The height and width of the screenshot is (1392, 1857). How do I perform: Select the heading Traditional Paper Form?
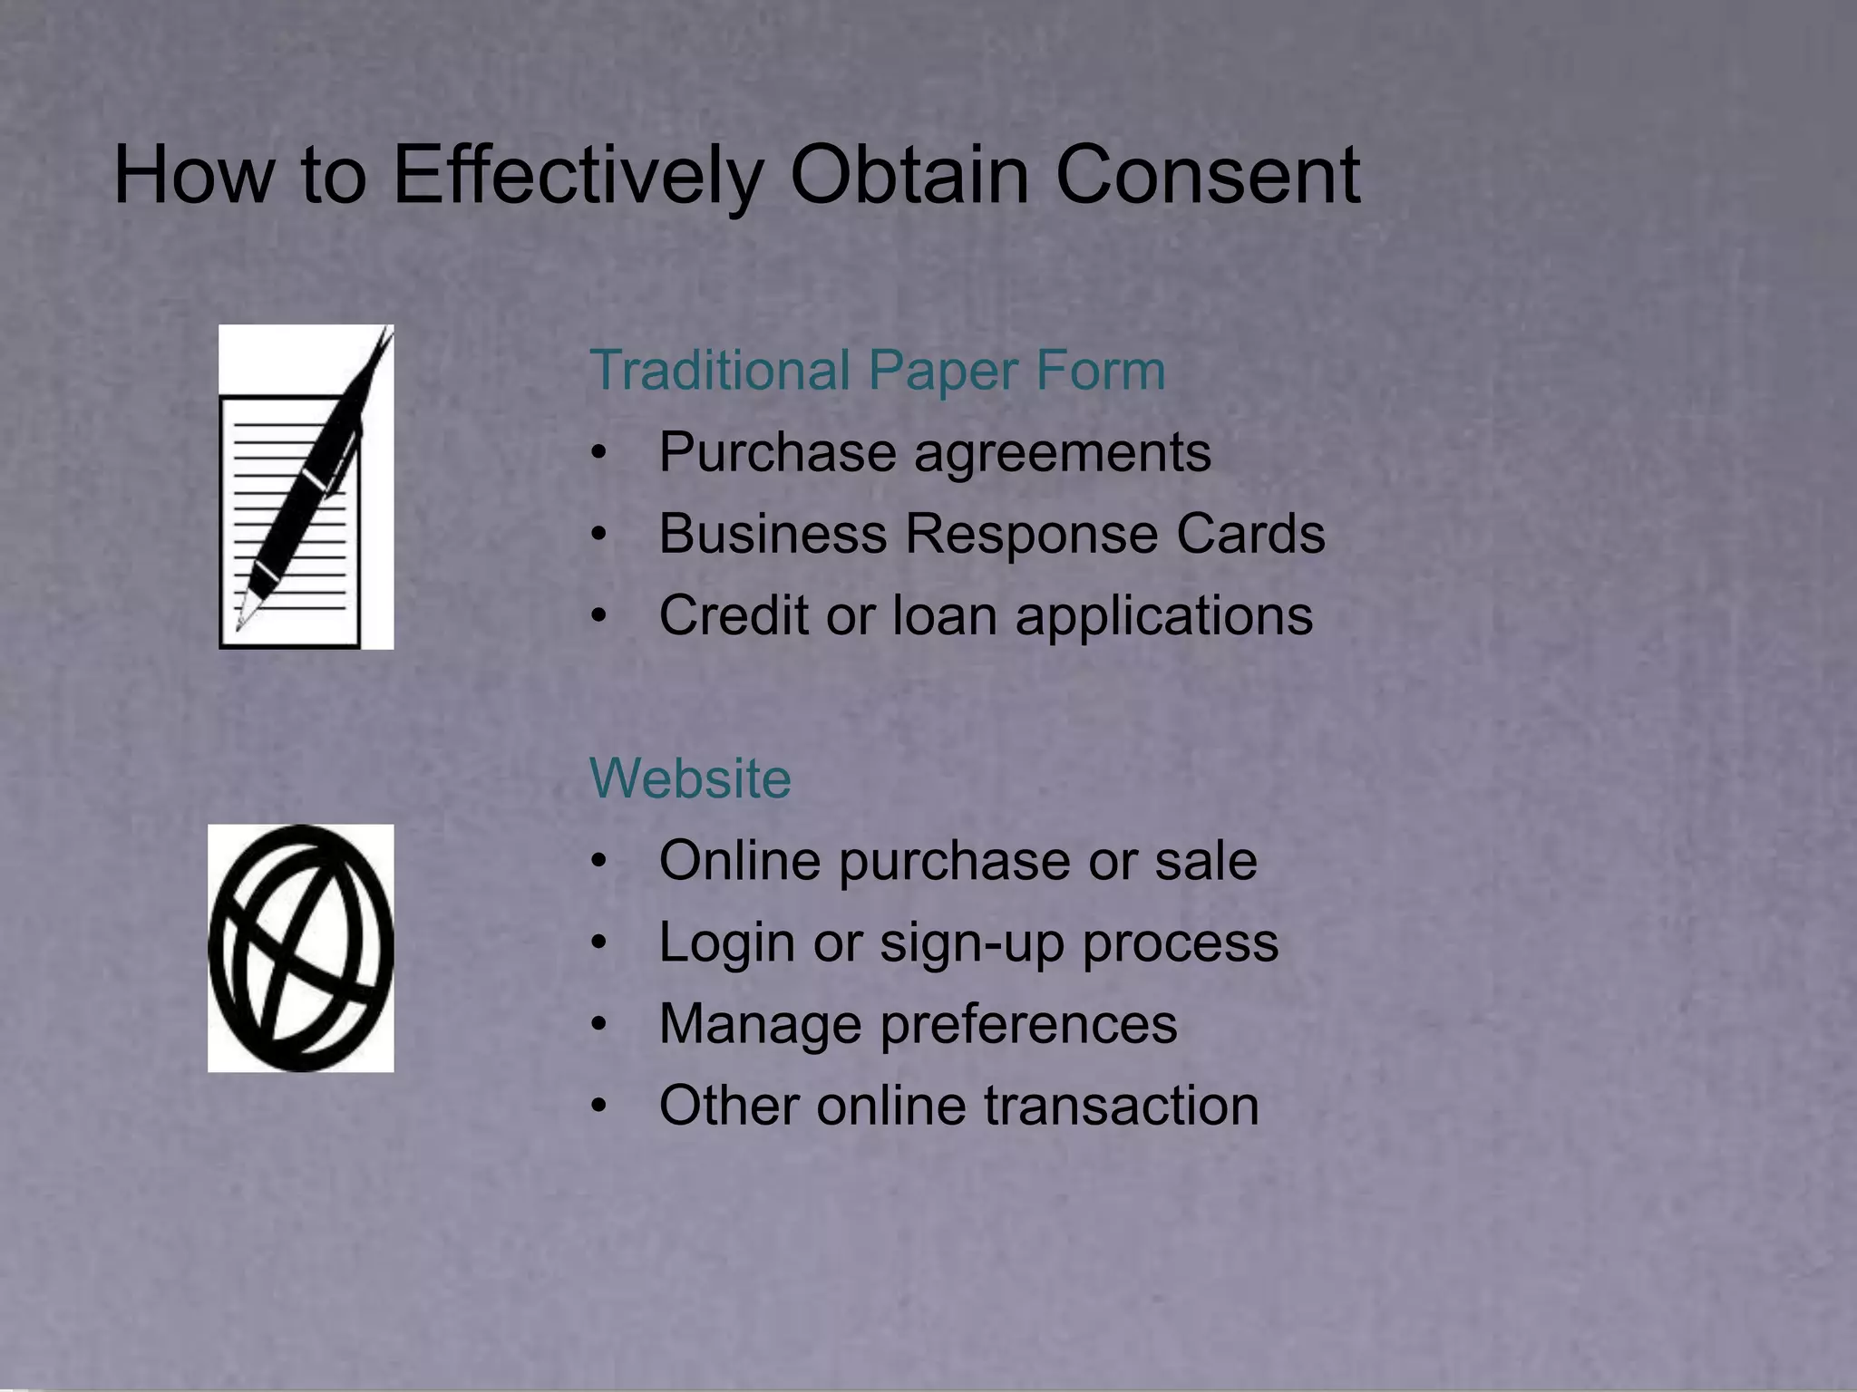877,371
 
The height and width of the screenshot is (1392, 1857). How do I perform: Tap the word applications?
1163,617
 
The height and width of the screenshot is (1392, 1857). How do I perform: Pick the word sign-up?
971,942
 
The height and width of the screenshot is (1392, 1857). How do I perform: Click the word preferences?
1027,1025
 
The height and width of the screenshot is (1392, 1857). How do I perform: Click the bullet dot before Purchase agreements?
598,453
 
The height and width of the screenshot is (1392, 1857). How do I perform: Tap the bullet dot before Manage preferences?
598,1025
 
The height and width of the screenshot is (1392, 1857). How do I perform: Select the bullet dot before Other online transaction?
598,1107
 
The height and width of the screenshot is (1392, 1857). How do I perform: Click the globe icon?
301,948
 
